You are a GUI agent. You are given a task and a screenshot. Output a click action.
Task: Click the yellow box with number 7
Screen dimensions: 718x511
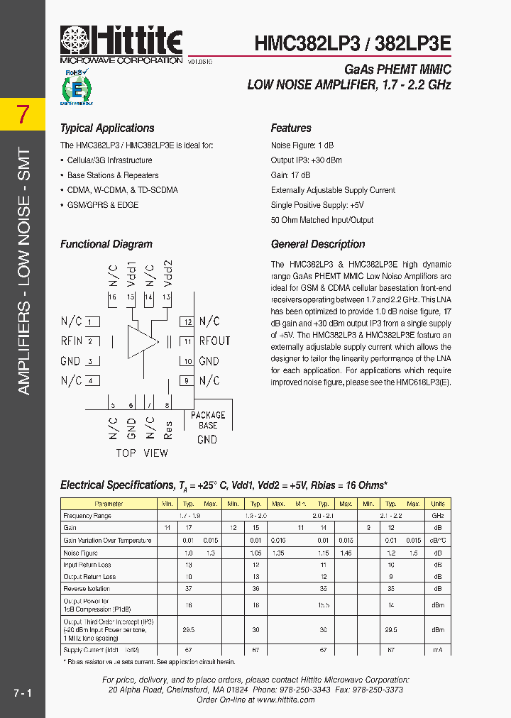pos(23,114)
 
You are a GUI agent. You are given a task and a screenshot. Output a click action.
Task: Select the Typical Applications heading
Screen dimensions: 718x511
pos(107,128)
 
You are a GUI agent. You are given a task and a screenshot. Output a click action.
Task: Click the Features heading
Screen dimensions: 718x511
pos(291,128)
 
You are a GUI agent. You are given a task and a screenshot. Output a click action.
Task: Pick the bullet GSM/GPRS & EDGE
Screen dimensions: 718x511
pos(103,205)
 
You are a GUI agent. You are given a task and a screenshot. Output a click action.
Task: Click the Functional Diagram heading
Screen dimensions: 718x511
pos(106,244)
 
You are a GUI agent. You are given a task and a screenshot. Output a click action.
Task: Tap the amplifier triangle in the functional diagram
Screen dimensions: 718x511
pos(143,341)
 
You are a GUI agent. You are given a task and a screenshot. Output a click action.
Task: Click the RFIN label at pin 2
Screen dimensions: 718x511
pos(72,341)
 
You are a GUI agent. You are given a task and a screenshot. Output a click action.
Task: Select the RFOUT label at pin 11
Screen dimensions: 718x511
pos(214,341)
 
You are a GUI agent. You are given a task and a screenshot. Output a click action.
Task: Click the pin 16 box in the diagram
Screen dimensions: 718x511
pos(112,297)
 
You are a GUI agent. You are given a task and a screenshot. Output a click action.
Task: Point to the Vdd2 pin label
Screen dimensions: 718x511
pos(167,272)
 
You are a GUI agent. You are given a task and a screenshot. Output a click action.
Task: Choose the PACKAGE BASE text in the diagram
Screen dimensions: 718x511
pos(208,420)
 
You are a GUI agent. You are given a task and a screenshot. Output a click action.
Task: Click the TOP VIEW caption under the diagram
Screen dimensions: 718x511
pos(142,453)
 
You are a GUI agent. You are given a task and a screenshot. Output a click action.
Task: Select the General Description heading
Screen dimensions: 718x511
pos(318,244)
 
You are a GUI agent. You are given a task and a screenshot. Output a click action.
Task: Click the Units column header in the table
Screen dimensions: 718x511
pos(438,504)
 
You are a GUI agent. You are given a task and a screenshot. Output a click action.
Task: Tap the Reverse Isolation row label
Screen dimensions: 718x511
pos(87,589)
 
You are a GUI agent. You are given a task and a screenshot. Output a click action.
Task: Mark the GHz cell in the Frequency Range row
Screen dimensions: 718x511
pos(438,516)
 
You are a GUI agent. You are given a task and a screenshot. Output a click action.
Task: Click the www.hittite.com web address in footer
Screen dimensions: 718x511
pos(286,700)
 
